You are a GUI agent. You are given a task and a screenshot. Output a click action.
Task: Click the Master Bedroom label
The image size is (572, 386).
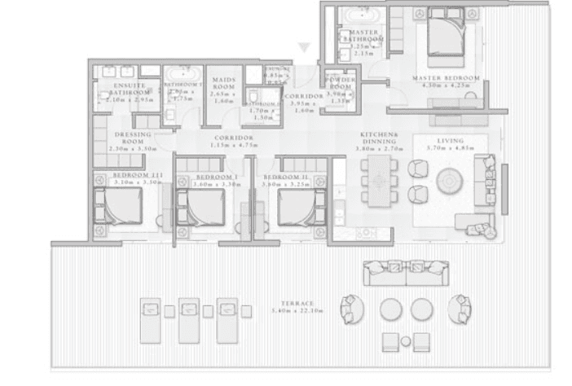[445, 79]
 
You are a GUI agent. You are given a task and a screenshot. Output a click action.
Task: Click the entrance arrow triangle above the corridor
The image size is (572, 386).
[303, 50]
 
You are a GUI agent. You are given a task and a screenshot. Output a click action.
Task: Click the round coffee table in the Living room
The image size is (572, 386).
[450, 180]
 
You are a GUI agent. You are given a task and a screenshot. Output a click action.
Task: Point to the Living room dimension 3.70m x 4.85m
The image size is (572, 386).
[449, 149]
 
